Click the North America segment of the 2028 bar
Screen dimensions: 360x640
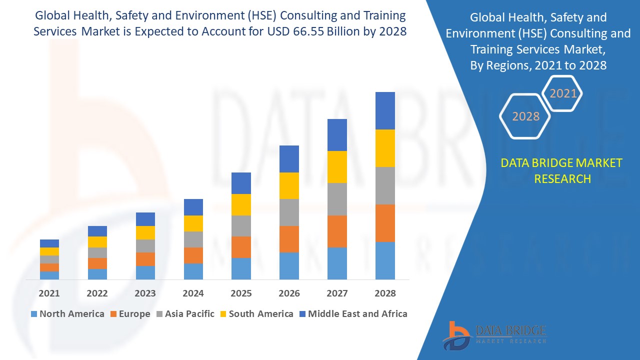(385, 260)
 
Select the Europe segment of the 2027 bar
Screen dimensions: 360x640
(337, 231)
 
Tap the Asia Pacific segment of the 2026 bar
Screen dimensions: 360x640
(289, 212)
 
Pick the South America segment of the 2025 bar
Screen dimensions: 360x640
(241, 204)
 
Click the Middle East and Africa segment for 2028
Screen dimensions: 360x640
(385, 110)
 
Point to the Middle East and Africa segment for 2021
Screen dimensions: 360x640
(49, 243)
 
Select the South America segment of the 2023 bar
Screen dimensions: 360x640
(145, 232)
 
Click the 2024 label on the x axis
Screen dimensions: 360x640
(193, 293)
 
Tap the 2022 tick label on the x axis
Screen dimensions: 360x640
(97, 293)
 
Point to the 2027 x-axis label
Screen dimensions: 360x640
(337, 293)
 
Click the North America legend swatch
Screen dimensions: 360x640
(34, 314)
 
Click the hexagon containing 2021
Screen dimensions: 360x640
(562, 93)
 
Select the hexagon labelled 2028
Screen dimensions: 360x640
(525, 116)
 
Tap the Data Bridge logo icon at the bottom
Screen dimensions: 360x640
(456, 335)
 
